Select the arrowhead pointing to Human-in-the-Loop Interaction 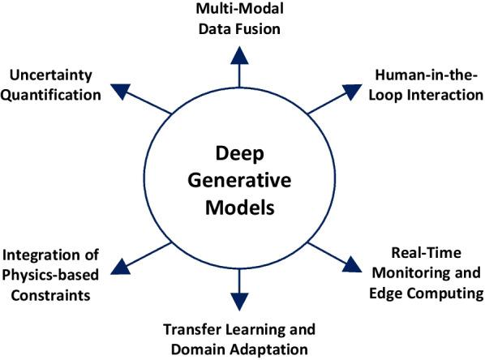[x=354, y=87]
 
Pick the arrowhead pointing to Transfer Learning [x=239, y=302]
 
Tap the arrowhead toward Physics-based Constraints [x=120, y=266]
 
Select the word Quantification [x=54, y=94]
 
